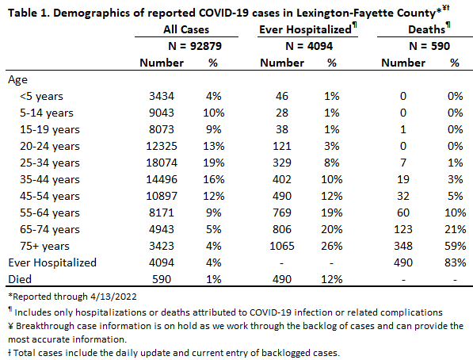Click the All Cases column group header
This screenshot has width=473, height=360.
click(186, 29)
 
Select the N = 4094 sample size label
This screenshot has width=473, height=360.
click(309, 46)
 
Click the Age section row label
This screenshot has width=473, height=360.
click(17, 80)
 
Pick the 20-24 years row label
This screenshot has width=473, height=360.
click(50, 146)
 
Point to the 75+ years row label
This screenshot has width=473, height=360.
click(44, 246)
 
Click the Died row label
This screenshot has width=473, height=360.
click(20, 279)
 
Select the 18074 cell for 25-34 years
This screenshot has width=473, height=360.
click(162, 163)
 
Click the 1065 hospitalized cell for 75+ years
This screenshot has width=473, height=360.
click(282, 246)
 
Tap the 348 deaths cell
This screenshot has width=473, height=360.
click(403, 246)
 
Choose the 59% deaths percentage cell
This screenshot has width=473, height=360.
click(456, 246)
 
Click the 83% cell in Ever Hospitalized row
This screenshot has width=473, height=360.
click(456, 262)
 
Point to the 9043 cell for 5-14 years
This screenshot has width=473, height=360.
click(162, 113)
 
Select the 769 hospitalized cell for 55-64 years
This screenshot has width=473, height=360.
click(282, 213)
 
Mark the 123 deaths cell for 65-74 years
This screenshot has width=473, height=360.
click(403, 229)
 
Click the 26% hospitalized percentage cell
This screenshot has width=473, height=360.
click(331, 246)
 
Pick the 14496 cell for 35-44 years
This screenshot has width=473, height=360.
click(162, 179)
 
